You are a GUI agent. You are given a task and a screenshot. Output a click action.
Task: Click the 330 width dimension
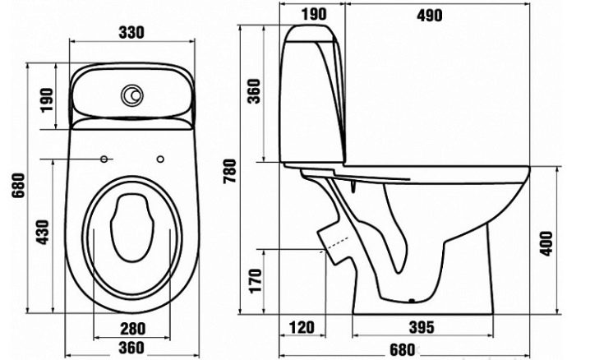coord(131,32)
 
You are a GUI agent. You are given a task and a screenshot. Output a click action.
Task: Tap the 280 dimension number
coord(131,329)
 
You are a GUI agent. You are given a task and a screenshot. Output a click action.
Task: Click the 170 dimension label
coord(256,282)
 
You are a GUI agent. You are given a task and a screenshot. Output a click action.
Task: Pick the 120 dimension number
coord(302,329)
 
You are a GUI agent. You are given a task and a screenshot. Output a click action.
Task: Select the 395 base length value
coord(421,329)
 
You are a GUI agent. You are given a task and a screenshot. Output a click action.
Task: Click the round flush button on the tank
coord(131,97)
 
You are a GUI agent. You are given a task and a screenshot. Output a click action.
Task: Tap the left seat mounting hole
coord(104,158)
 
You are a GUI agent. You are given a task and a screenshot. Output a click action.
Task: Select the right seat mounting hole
coord(160,158)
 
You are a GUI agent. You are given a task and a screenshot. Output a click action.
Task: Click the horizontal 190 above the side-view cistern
coord(314,15)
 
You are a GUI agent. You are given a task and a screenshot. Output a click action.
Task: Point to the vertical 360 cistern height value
coord(254,90)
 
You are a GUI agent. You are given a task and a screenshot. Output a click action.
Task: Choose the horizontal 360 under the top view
coord(131,348)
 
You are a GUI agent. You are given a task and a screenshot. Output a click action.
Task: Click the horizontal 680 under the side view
coord(401,349)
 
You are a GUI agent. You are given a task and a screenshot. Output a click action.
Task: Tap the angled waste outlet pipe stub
coord(334,240)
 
